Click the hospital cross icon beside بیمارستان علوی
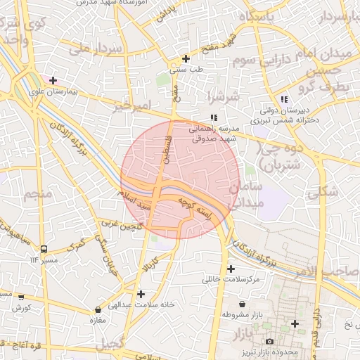[53, 79]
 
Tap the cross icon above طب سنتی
[186, 58]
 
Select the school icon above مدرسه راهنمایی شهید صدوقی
[214, 117]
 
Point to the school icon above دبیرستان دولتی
[284, 100]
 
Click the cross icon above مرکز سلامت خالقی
[231, 269]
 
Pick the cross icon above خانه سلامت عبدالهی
[141, 293]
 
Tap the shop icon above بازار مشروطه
[243, 304]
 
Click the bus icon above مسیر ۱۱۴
[44, 249]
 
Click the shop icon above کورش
[21, 297]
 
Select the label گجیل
[110, 344]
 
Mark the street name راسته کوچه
[195, 210]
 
